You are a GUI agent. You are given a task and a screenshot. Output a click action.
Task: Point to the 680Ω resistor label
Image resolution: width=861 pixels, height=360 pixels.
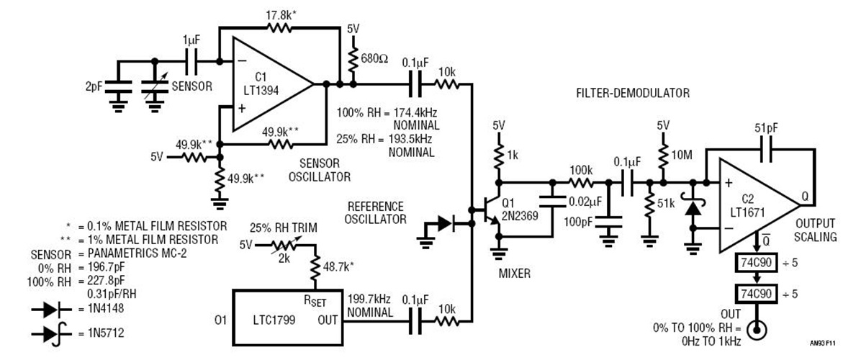pos(374,56)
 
